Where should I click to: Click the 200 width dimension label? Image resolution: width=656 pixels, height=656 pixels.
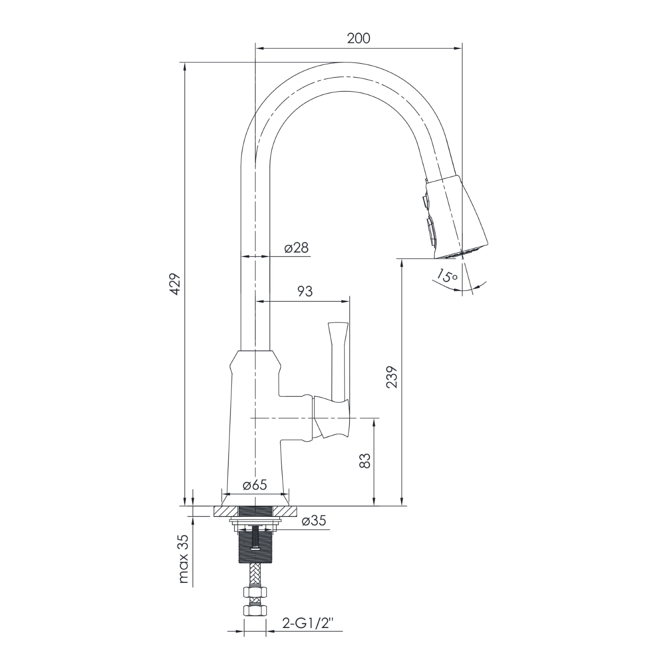point(358,38)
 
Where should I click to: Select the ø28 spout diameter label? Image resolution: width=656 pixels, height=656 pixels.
point(296,248)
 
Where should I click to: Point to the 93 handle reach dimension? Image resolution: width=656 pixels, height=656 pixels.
point(305,291)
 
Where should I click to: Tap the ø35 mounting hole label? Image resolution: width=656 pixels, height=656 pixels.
point(314,521)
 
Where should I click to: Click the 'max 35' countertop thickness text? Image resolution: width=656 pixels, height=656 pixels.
point(185,559)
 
